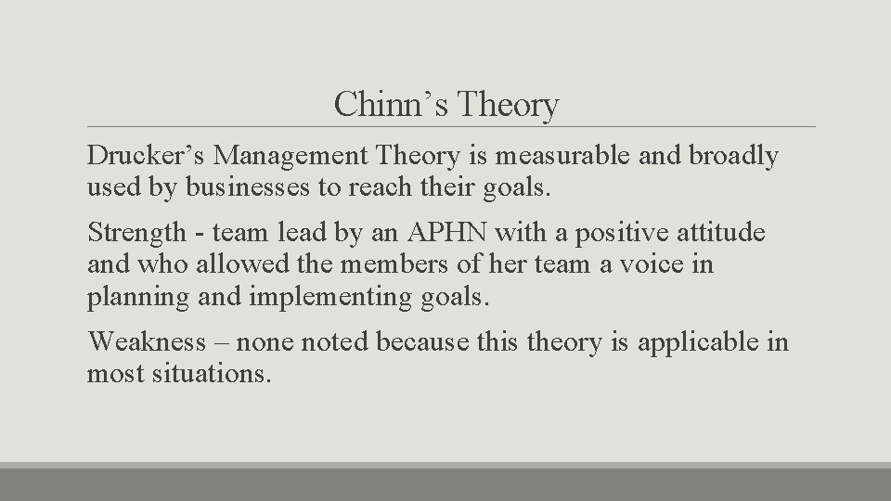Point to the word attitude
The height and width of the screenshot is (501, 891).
coord(721,232)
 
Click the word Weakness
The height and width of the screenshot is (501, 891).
coord(147,341)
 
